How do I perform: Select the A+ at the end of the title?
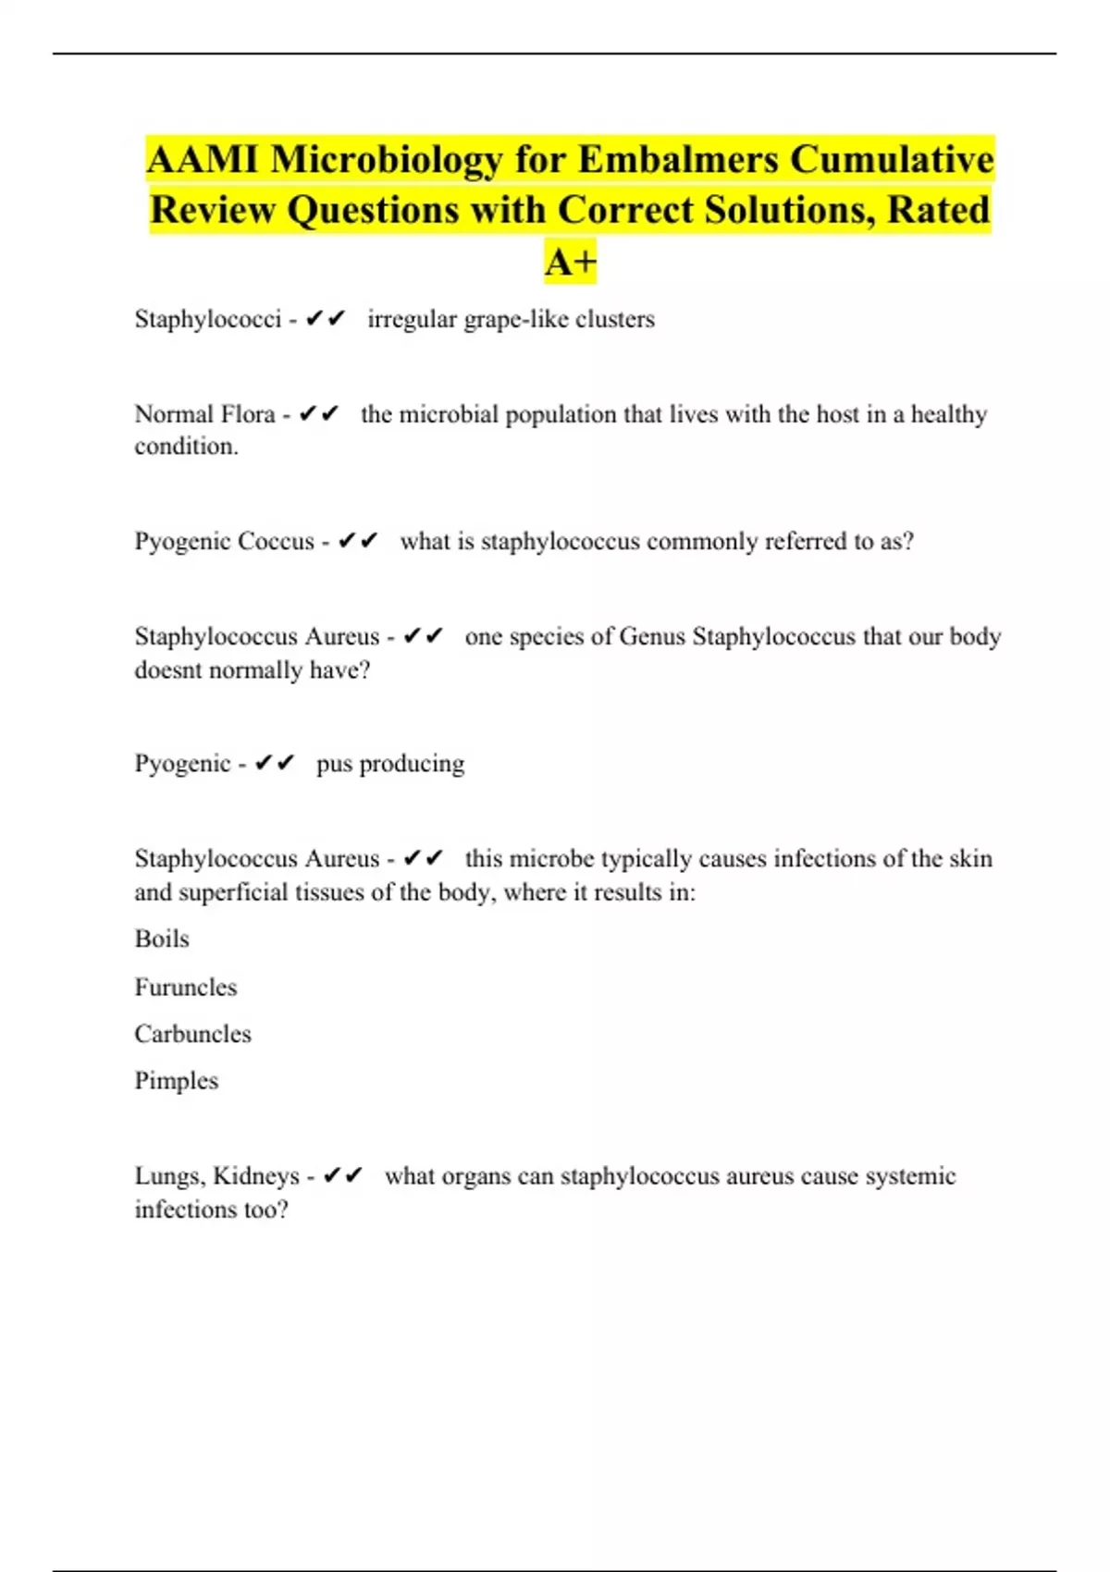click(571, 263)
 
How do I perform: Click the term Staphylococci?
click(207, 319)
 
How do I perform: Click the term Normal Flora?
click(204, 414)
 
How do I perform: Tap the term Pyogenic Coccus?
click(224, 541)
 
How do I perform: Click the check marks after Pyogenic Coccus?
click(357, 541)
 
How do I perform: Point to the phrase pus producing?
click(390, 764)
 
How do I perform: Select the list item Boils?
click(162, 940)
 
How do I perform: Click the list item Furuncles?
click(186, 988)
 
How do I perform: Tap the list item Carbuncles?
click(192, 1034)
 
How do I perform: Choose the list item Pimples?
click(177, 1081)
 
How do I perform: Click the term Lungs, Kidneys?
click(217, 1176)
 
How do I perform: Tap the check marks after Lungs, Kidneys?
click(342, 1176)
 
